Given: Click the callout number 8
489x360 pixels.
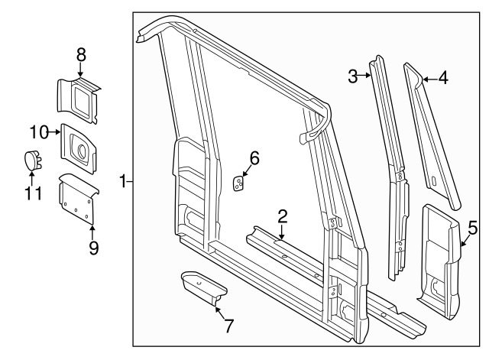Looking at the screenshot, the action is click(x=81, y=56).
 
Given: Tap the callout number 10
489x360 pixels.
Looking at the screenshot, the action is click(x=39, y=132).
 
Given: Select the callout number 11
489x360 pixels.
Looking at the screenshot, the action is click(x=33, y=193).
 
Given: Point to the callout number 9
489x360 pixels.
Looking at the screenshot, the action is click(x=93, y=248).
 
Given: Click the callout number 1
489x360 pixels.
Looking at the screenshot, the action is click(x=124, y=181).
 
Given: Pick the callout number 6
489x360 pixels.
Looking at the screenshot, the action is click(x=254, y=158).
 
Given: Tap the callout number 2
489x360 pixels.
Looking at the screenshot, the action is click(x=282, y=216).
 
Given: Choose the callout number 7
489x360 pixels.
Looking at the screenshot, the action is click(x=228, y=326).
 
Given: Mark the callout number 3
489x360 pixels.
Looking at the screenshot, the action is click(x=353, y=76).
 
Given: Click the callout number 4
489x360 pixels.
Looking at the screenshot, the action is click(x=443, y=77).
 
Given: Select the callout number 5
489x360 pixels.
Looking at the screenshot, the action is click(x=473, y=228).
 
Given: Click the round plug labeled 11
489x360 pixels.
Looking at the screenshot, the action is click(x=32, y=161).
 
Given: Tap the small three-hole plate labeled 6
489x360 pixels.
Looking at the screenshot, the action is click(x=238, y=183).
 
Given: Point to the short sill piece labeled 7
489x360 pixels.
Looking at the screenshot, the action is click(x=204, y=287).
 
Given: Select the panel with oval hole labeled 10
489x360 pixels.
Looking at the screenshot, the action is click(x=78, y=149).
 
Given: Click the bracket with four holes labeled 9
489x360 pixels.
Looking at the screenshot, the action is click(x=77, y=199).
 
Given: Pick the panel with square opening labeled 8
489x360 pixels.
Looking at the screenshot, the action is click(x=78, y=99).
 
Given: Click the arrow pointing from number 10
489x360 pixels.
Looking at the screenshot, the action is click(x=54, y=132).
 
